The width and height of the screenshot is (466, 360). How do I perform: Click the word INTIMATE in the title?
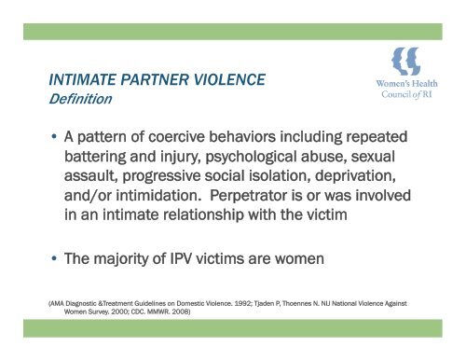click(x=86, y=79)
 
